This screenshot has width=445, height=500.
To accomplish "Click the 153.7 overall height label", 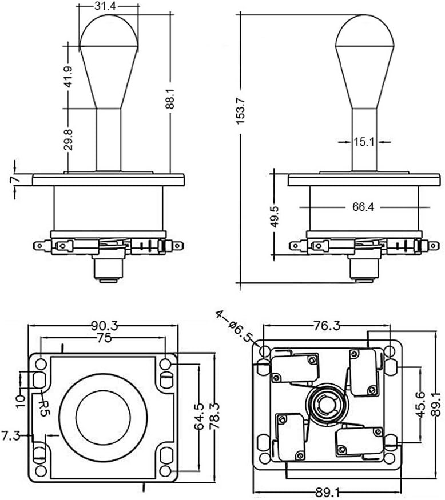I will (241, 107).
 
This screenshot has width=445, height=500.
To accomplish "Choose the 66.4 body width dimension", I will (363, 207).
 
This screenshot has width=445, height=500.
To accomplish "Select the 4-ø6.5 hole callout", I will (234, 325).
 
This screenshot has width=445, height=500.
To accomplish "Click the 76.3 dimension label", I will (327, 326).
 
